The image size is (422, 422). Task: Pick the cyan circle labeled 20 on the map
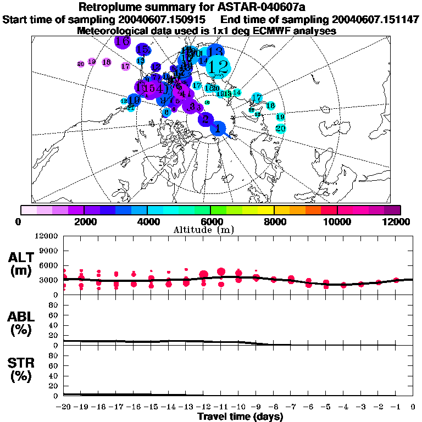[x=280, y=129]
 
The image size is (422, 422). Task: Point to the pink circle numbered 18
[x=107, y=62]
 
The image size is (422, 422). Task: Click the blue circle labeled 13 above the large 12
[x=216, y=52]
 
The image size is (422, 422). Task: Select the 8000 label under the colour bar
[x=274, y=221]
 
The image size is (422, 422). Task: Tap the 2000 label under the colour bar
[x=84, y=221]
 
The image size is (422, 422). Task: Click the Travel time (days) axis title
[x=240, y=417]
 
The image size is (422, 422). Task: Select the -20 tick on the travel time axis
[x=64, y=407]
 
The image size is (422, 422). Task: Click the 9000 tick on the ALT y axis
[x=47, y=251]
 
